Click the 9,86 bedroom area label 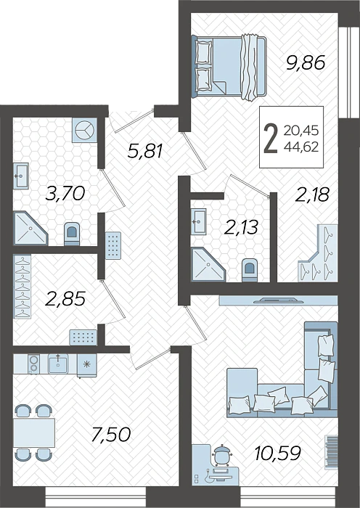306,63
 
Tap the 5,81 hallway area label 145,151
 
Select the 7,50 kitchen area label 111,434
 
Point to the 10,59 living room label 278,453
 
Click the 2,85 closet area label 66,298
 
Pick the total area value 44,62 301,147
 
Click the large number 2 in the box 271,139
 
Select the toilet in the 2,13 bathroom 249,269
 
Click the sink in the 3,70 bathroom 21,176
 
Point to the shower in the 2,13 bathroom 208,264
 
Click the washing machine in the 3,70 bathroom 85,130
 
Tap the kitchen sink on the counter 58,364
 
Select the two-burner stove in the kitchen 33,364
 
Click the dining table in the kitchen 34,433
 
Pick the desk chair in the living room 221,454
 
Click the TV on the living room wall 279,300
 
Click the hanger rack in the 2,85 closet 22,287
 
